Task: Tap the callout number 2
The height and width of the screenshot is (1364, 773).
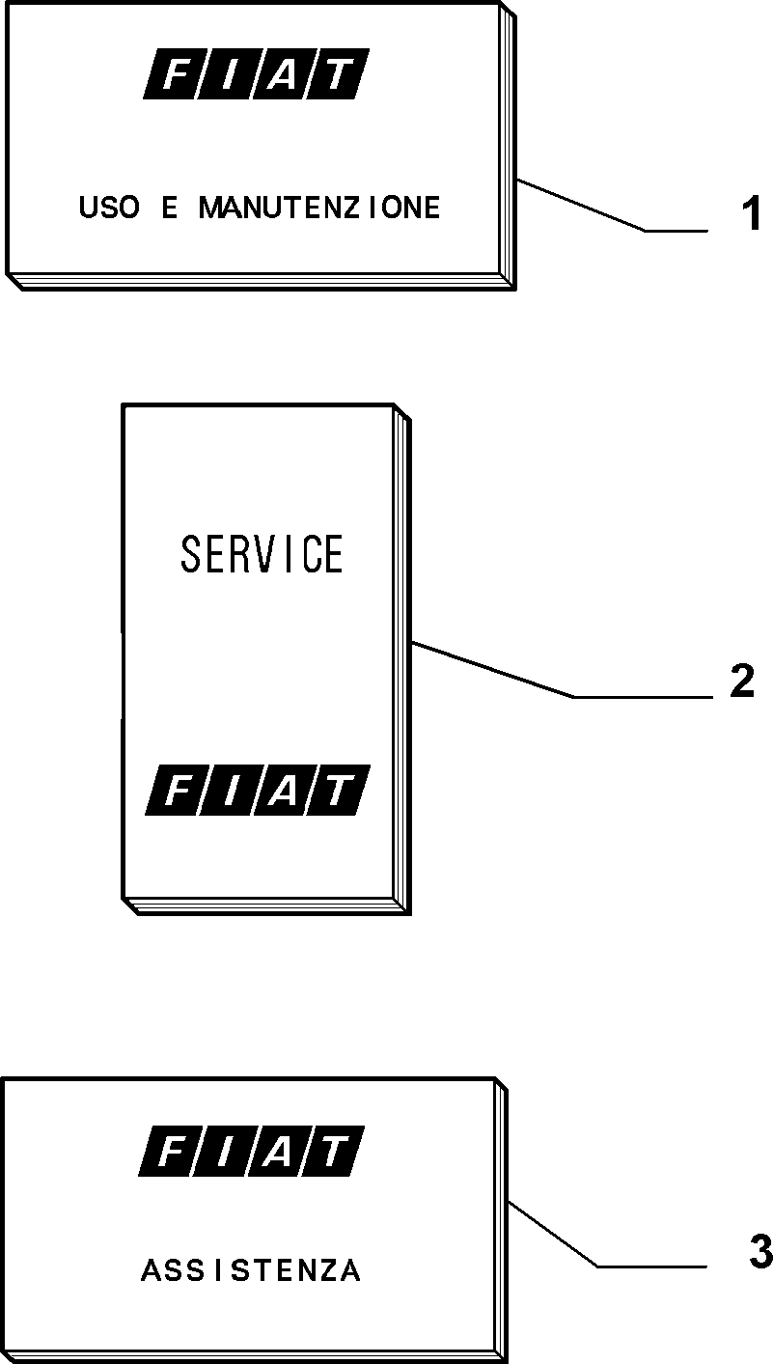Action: click(742, 681)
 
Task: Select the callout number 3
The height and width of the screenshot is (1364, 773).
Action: click(760, 1252)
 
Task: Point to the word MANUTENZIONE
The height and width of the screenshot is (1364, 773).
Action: click(318, 207)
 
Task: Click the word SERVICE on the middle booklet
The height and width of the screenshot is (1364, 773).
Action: click(262, 553)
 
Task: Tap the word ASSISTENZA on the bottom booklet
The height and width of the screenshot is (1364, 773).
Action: click(251, 1270)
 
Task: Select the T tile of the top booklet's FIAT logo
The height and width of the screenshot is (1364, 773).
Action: click(337, 73)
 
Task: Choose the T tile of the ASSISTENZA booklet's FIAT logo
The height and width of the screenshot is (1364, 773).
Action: click(332, 1151)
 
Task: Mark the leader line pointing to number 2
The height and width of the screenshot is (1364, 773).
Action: click(562, 671)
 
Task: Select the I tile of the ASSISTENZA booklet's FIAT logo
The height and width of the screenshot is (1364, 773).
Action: click(223, 1151)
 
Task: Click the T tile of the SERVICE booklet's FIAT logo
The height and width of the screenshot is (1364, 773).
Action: click(339, 790)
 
